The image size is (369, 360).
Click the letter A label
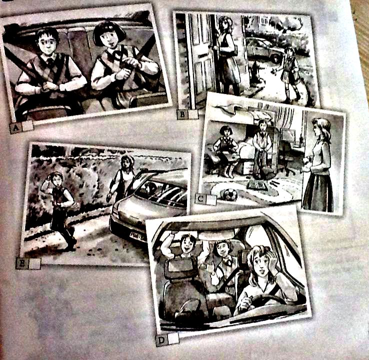pos(15,128)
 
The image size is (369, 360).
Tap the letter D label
pos(161,340)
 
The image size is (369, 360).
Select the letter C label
pos(200,199)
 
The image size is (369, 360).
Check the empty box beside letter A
pos(27,126)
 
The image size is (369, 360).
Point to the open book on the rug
pos(257,185)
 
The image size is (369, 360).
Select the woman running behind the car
pos(122,179)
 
